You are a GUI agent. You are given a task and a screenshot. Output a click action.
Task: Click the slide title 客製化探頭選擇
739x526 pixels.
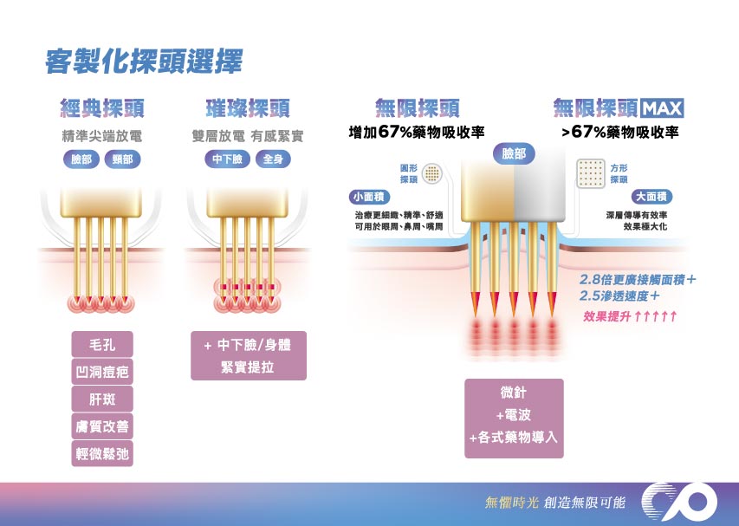pyautogui.click(x=144, y=62)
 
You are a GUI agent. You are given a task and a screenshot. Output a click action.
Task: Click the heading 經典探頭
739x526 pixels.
pyautogui.click(x=101, y=108)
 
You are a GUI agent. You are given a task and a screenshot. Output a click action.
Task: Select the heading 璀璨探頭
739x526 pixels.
pyautogui.click(x=247, y=108)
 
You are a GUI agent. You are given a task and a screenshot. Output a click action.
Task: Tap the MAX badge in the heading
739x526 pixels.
pyautogui.click(x=664, y=108)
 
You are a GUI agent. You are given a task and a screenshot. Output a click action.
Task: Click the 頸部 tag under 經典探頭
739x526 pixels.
pyautogui.click(x=122, y=159)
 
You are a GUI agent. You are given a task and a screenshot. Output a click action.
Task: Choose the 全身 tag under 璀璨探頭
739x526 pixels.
pyautogui.click(x=272, y=159)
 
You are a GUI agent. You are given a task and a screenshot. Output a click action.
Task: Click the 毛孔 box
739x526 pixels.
pyautogui.click(x=102, y=345)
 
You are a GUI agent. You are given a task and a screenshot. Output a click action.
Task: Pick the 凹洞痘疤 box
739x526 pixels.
pyautogui.click(x=102, y=373)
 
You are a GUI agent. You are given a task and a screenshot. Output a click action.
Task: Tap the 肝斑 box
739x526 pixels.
pyautogui.click(x=102, y=399)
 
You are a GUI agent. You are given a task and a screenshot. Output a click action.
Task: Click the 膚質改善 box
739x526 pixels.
pyautogui.click(x=102, y=426)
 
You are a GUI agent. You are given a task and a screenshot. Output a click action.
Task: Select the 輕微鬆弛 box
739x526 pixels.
pyautogui.click(x=102, y=453)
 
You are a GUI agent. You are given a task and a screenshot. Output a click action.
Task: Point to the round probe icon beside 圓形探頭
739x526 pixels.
pyautogui.click(x=431, y=173)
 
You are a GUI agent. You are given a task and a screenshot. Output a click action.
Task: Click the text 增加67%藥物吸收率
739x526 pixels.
pyautogui.click(x=416, y=133)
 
